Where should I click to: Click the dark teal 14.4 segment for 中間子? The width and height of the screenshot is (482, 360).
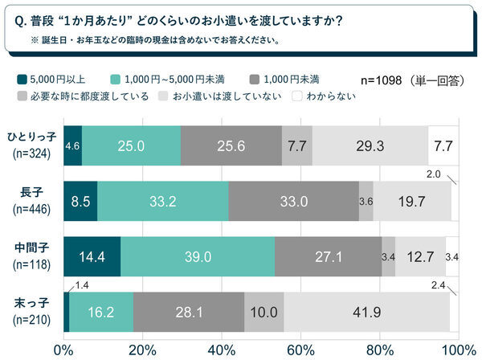click(91, 256)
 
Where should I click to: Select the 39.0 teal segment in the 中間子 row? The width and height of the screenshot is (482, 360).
click(198, 256)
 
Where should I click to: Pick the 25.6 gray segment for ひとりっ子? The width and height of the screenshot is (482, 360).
click(231, 146)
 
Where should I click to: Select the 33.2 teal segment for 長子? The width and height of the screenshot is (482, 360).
click(163, 202)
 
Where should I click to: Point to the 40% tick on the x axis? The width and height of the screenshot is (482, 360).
click(220, 350)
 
